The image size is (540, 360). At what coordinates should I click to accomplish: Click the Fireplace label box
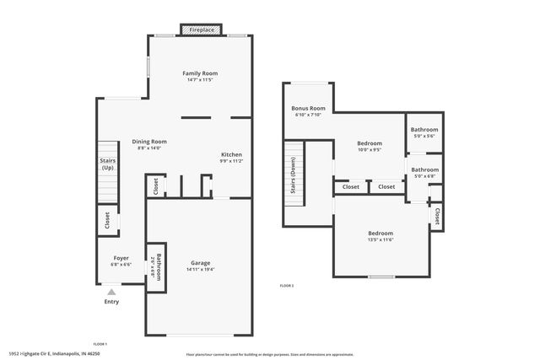tap(202, 30)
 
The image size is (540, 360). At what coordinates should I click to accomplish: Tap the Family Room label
tap(201, 74)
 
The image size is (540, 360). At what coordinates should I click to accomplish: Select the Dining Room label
tap(149, 142)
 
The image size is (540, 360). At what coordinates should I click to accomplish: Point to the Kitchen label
tap(232, 155)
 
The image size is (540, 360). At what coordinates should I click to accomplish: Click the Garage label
tap(200, 262)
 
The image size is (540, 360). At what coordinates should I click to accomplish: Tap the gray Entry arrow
tap(111, 292)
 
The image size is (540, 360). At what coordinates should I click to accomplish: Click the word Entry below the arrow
tap(111, 302)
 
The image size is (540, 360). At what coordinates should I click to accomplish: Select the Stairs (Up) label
tap(107, 164)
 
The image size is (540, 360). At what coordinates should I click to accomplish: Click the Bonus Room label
tap(309, 109)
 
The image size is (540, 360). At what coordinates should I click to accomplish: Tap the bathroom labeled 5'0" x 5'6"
tap(424, 130)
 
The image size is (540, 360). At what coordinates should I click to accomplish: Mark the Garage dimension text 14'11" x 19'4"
tap(200, 270)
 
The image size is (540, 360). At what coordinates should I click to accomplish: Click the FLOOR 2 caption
tap(287, 286)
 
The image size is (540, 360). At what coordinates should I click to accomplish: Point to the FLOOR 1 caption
tap(100, 343)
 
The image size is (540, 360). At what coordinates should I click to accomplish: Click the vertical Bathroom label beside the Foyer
tap(155, 267)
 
